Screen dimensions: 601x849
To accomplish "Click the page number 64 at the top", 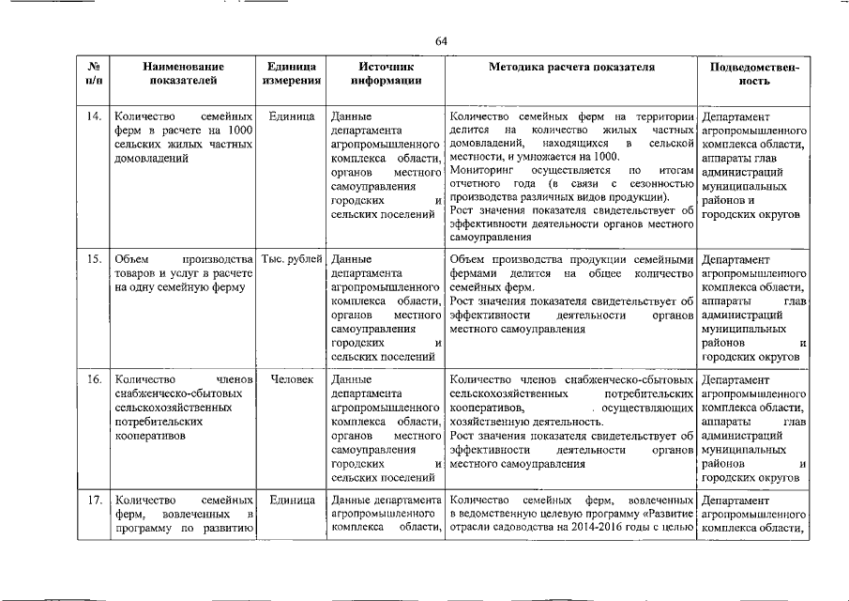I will tap(441, 40).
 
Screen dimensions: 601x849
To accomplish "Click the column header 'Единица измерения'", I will tap(291, 74).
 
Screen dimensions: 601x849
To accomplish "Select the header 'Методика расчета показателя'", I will tap(571, 68).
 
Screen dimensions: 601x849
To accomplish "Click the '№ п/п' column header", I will tap(94, 74).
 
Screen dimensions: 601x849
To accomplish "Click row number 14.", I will tap(94, 116).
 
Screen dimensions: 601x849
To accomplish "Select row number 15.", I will tap(94, 259).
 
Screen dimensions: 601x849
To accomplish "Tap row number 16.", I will tap(94, 379).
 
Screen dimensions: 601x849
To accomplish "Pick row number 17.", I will tap(94, 500).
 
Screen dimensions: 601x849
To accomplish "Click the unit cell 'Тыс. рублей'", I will tap(292, 259).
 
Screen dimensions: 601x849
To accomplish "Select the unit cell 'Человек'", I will tap(292, 379).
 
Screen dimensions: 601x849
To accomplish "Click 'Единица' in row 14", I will tap(291, 116).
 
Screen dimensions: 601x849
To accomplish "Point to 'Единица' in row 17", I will tap(291, 500).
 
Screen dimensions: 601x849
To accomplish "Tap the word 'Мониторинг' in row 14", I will tap(483, 170).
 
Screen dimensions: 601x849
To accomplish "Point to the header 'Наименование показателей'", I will tap(184, 74).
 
